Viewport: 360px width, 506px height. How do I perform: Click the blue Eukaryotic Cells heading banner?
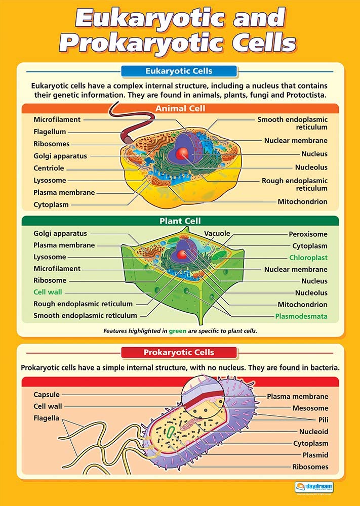tap(179, 71)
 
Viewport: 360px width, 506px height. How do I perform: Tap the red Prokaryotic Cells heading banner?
tap(179, 352)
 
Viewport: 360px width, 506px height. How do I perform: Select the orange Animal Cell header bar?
tap(180, 108)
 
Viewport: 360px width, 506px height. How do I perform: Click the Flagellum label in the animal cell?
tap(50, 132)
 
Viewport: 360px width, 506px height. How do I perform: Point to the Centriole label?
tap(49, 168)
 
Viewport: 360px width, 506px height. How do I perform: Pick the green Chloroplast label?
tap(308, 258)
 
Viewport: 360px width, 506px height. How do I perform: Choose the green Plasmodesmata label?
tap(301, 316)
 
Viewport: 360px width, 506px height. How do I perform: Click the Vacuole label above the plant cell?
tap(217, 233)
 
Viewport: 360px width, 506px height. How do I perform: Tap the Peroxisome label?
tap(308, 234)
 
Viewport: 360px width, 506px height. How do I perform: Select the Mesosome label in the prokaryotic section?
tap(310, 408)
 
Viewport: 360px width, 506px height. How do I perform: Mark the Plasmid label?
tap(315, 455)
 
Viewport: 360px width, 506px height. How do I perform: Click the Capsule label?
tap(47, 395)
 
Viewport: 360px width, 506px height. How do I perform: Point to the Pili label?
tap(323, 420)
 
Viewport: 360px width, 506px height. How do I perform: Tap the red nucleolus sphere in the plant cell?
tap(181, 255)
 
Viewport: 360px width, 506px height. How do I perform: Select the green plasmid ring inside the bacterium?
tap(171, 431)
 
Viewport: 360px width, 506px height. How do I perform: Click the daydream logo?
tap(314, 487)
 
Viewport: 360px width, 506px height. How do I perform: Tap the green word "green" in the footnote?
tap(178, 331)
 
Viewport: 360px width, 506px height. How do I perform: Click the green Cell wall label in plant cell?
tap(48, 292)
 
